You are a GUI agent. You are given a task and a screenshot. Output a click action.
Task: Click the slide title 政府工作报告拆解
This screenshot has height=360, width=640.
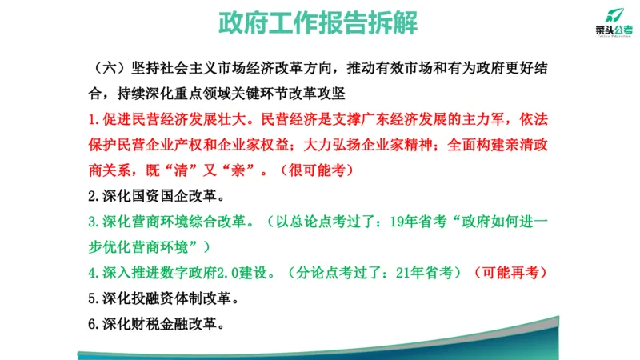coord(318,23)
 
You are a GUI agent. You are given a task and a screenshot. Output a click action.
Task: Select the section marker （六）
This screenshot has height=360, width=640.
coord(109,67)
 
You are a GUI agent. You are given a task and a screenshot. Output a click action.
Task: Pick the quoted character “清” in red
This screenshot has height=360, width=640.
coord(172,171)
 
